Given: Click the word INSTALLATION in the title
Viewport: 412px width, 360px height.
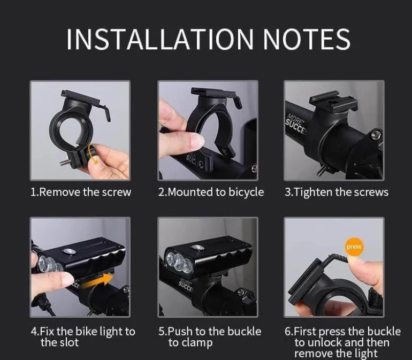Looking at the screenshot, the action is (x=160, y=39).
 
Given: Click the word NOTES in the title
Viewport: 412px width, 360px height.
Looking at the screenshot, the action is (x=307, y=39).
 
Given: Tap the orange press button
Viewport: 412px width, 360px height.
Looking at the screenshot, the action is (x=354, y=247).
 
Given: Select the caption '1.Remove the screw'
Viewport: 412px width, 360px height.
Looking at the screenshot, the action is (x=81, y=192).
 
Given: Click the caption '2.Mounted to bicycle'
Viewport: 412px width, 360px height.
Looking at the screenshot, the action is (x=211, y=192).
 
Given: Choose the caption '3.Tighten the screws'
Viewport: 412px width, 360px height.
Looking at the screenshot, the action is (x=337, y=192).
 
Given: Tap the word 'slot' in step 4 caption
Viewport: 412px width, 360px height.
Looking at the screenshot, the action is (x=69, y=342).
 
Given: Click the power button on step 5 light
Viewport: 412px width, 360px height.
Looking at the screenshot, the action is (x=198, y=248).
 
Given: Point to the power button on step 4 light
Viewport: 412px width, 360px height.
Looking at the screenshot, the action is (x=70, y=251).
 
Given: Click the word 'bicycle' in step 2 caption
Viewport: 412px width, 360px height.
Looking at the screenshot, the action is (x=246, y=193).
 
